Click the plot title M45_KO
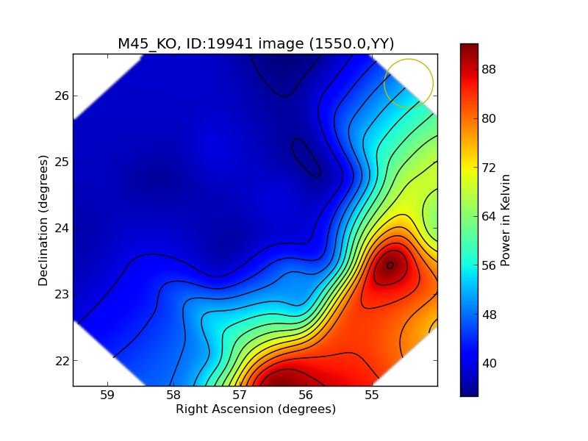[256, 43]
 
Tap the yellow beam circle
[409, 83]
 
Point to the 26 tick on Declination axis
[61, 96]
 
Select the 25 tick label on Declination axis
[61, 162]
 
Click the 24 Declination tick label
[61, 228]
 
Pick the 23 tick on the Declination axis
[61, 294]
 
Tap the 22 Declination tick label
[61, 360]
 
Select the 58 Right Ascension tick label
[173, 395]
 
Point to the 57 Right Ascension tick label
[240, 395]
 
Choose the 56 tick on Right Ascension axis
[306, 395]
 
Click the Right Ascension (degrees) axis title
[256, 409]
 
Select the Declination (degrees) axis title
[44, 220]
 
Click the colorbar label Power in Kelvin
[506, 220]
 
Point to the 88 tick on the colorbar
[488, 69]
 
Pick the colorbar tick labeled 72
[488, 168]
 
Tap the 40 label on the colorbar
[488, 363]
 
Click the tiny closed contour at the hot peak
[390, 265]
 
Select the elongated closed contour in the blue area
[306, 157]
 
